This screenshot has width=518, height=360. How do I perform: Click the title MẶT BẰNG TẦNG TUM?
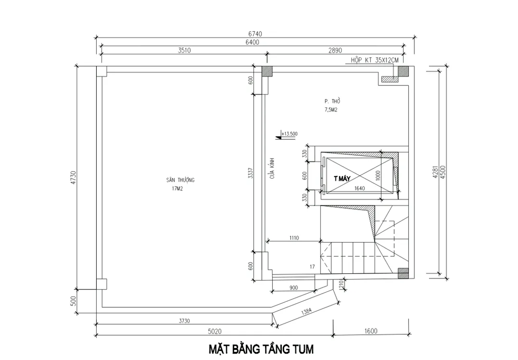[261, 349]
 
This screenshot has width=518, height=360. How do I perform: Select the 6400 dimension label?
[251, 43]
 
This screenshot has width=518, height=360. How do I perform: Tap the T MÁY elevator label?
[342, 179]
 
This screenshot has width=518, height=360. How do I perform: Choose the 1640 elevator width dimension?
[360, 188]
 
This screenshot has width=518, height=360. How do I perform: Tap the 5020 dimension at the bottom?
[214, 332]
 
